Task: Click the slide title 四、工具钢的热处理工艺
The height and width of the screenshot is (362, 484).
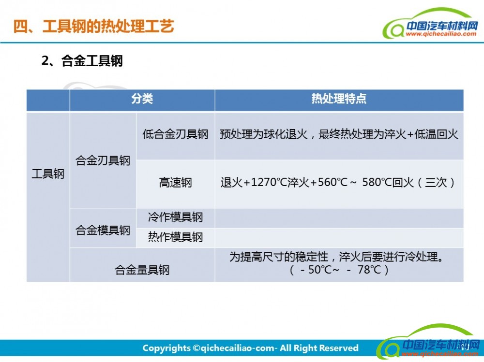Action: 93,26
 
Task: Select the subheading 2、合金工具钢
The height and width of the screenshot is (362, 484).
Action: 82,61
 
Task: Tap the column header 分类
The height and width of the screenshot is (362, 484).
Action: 142,99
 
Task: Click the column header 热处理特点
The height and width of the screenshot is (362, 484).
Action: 339,99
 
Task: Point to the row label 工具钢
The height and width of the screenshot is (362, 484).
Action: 48,174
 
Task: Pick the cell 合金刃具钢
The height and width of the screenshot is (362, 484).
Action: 103,160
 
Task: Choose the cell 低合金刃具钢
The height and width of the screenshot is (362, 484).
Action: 175,134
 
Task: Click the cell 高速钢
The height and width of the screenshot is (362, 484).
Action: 175,183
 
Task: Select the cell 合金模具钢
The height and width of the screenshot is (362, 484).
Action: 103,230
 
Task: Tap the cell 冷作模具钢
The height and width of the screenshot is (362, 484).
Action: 175,217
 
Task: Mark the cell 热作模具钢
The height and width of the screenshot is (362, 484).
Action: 175,237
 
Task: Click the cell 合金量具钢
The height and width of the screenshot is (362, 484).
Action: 142,270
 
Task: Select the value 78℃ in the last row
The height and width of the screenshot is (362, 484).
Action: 369,270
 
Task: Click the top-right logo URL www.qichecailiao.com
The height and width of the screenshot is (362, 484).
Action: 441,34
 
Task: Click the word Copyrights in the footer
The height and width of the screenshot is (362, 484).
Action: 166,348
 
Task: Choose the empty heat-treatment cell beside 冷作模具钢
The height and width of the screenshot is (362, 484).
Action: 339,218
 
